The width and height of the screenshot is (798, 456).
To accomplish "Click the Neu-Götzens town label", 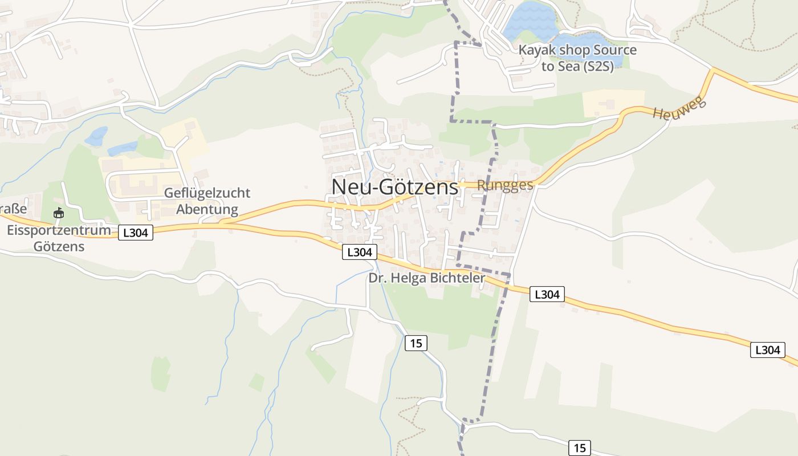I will tap(394, 187).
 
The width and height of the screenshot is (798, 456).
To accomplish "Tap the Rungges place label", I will tap(504, 185).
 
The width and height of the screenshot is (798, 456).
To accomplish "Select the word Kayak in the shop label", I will tap(536, 50).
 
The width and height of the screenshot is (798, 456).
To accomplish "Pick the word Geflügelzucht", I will tap(207, 193).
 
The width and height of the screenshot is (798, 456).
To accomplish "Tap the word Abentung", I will tap(207, 209).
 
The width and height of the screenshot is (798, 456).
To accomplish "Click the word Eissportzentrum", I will tap(59, 230).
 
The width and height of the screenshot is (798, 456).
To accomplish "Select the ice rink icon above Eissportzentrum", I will tap(58, 213).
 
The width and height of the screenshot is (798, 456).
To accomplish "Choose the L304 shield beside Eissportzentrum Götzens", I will tap(136, 232).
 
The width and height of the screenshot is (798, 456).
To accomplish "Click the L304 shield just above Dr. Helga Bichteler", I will tap(360, 252).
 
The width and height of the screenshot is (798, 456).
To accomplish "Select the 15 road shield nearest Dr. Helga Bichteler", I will tap(416, 343).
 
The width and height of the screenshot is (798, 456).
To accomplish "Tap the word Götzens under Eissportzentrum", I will tap(59, 247).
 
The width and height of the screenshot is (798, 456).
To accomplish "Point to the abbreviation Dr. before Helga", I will tap(377, 278).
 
